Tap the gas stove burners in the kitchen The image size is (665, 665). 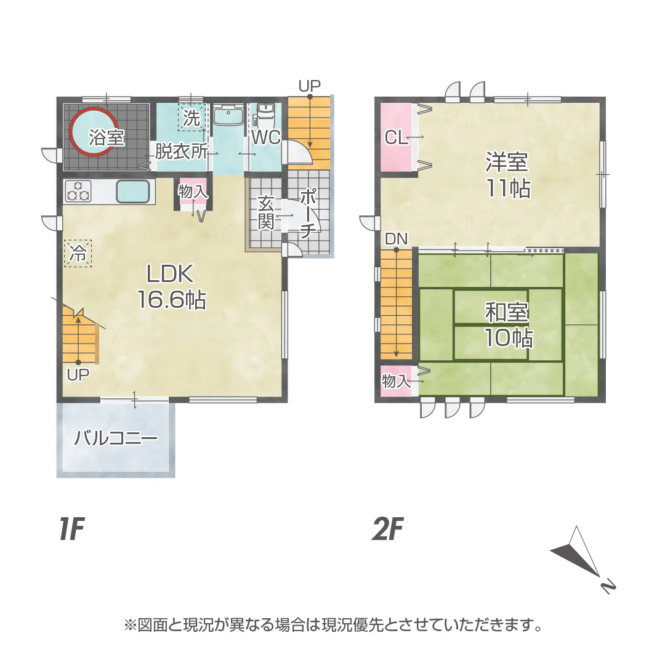coord(78,191)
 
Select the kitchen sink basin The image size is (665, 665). coord(133,191)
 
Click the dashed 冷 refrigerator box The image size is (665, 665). coord(78,253)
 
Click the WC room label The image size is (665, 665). coord(266,137)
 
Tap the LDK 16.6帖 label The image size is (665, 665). coord(171,286)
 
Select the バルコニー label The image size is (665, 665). coord(116,438)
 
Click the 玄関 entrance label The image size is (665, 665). coord(266,213)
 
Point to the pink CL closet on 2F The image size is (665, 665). coord(397,137)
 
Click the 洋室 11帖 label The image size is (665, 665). coord(507,175)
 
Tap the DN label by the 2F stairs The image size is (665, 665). coord(396,239)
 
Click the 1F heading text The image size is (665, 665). coord(72,528)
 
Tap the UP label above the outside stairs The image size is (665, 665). coord(310,87)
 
